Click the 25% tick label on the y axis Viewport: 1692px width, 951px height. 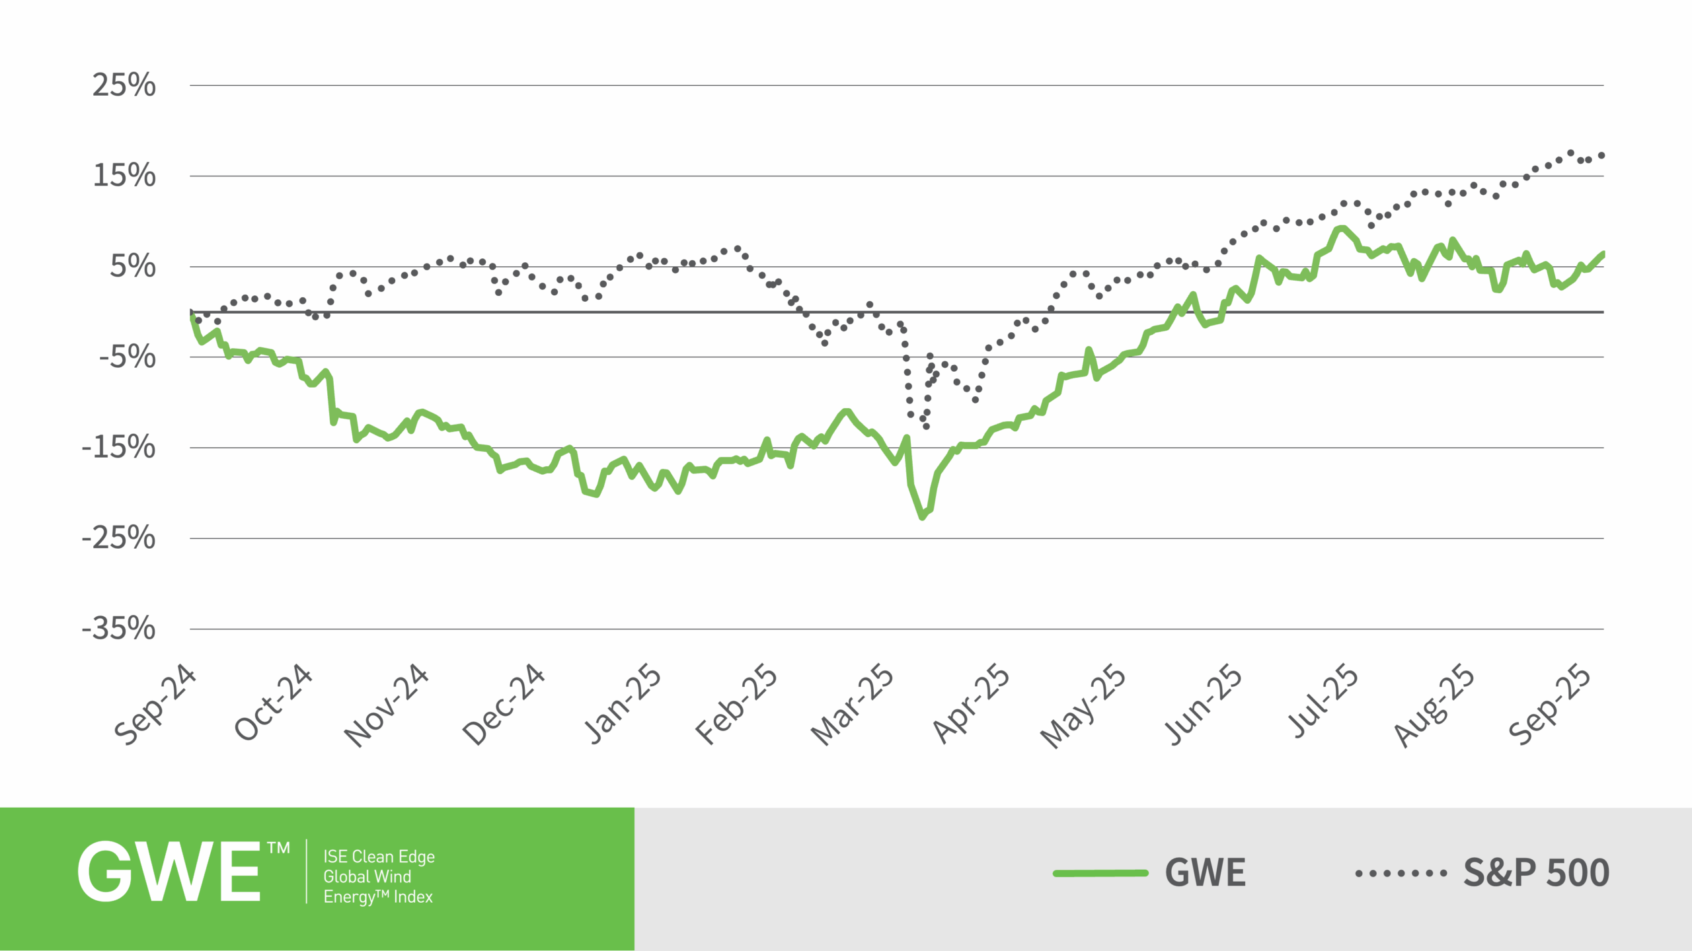coord(124,85)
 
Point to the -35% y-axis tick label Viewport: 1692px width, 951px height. coord(119,628)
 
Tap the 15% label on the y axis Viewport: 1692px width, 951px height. coord(124,176)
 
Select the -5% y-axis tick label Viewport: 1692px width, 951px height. coord(128,357)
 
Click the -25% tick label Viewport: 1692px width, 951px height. coord(119,538)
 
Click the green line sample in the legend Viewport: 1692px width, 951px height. coord(1100,873)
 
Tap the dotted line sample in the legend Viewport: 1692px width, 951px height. coord(1401,873)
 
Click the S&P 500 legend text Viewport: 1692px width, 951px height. coord(1536,873)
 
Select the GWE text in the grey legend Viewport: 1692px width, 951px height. coord(1205,873)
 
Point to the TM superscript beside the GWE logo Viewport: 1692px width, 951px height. coord(278,848)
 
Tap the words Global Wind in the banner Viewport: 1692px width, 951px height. coord(367,876)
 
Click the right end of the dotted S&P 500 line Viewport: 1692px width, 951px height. coord(1601,155)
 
